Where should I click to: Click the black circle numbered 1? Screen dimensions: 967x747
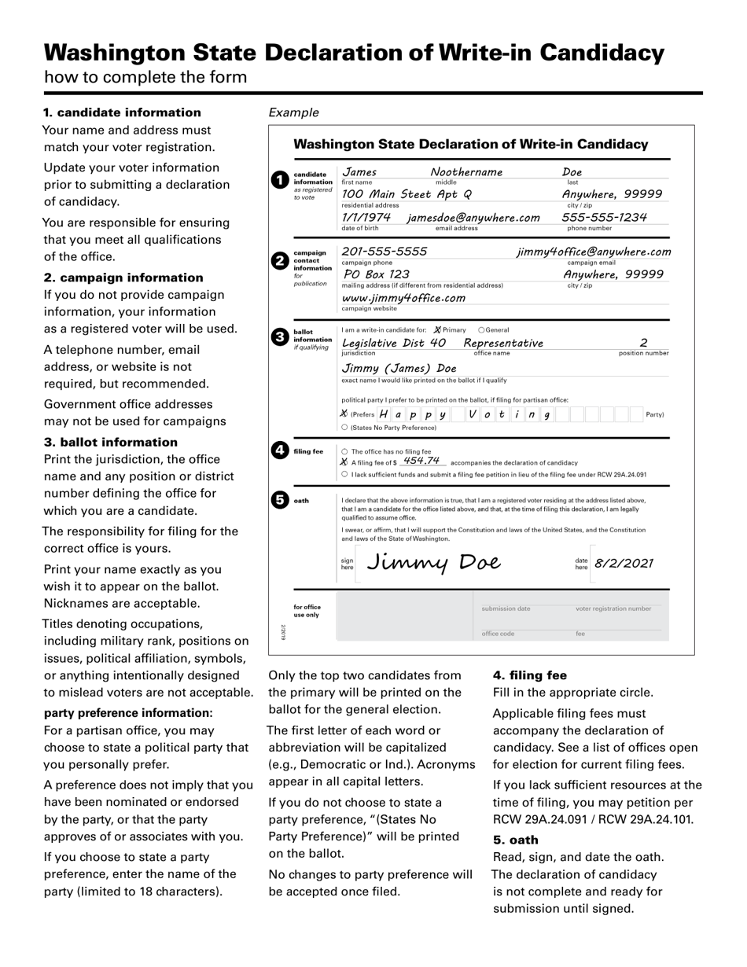point(279,180)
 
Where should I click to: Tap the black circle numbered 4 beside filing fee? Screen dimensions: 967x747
point(279,450)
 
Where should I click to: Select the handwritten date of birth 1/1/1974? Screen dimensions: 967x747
point(366,218)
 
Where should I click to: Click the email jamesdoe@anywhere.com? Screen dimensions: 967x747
point(473,218)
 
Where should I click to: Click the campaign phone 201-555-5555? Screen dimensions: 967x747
point(385,252)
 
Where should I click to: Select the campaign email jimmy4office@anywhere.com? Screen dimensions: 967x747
point(594,252)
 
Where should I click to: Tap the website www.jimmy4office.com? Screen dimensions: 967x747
point(403,298)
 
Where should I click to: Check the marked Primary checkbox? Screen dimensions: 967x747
point(437,330)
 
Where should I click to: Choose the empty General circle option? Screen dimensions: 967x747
point(482,330)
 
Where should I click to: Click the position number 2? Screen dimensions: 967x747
point(643,343)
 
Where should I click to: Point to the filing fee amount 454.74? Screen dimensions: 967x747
point(421,461)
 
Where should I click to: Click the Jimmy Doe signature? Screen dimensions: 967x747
point(433,563)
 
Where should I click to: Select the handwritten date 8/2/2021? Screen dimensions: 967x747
point(624,564)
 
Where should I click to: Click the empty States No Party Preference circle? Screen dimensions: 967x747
point(344,428)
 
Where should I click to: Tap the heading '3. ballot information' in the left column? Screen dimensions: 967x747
point(111,442)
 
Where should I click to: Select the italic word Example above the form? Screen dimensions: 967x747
point(293,112)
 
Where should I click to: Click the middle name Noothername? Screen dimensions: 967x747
point(466,172)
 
